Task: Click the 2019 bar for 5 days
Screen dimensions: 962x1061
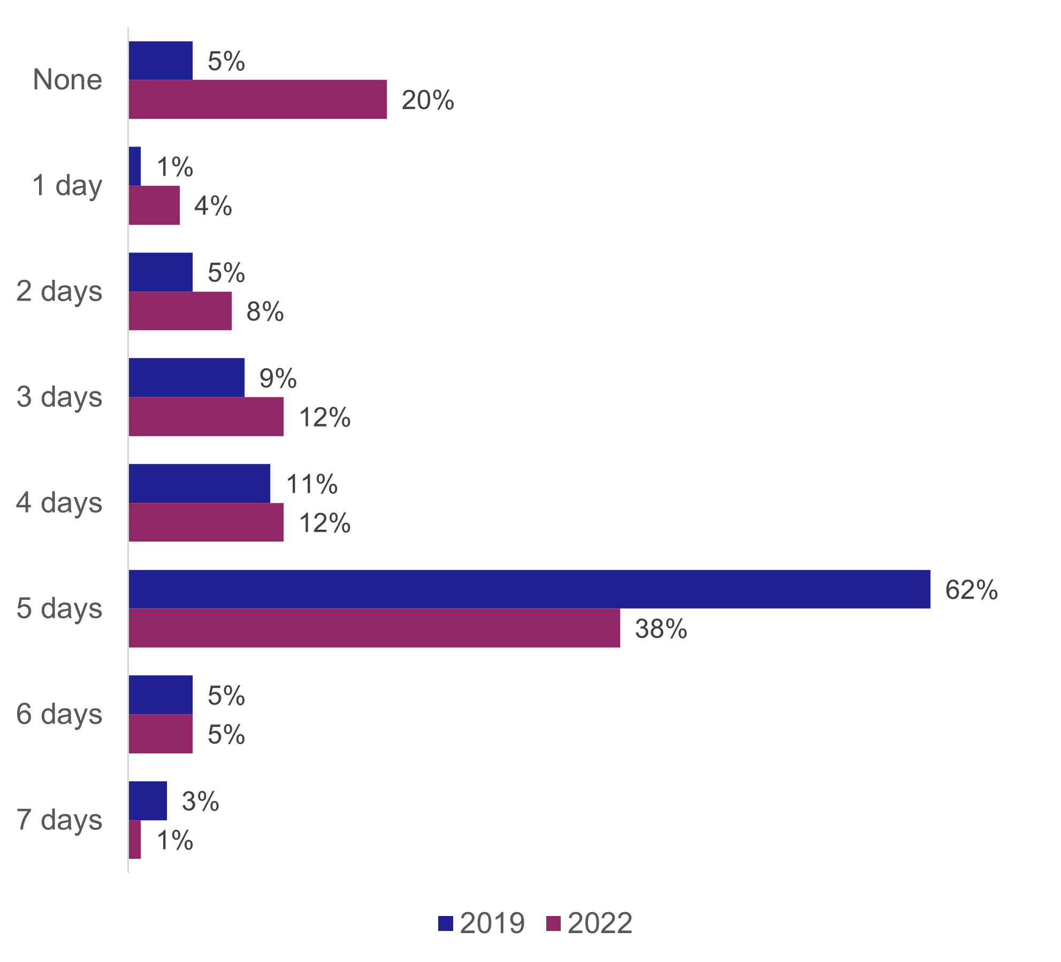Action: (x=529, y=589)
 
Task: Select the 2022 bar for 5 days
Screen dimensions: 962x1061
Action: (x=374, y=628)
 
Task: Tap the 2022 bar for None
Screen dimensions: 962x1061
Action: (x=257, y=100)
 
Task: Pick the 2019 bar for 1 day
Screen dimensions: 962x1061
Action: (x=135, y=166)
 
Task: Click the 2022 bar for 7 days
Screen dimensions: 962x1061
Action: (x=135, y=839)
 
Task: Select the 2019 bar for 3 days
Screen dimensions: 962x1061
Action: (x=186, y=378)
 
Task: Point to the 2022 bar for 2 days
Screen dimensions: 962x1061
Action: (x=180, y=311)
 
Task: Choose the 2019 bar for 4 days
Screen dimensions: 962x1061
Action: (x=199, y=484)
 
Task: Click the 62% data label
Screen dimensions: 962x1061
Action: (x=971, y=590)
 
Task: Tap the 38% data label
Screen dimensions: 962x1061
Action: (x=661, y=629)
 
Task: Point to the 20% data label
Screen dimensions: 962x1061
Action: (x=428, y=101)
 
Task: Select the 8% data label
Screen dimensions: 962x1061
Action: (x=265, y=311)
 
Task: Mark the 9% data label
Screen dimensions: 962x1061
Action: (x=278, y=379)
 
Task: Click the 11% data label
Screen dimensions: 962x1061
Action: (x=312, y=484)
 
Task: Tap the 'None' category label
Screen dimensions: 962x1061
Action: (x=67, y=80)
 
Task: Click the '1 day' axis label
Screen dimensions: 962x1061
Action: (x=67, y=186)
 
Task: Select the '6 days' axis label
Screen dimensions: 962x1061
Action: (x=59, y=714)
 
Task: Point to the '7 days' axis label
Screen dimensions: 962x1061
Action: (x=59, y=820)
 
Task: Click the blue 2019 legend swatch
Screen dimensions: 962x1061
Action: (x=446, y=924)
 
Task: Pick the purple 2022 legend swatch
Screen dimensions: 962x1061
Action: (x=554, y=924)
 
